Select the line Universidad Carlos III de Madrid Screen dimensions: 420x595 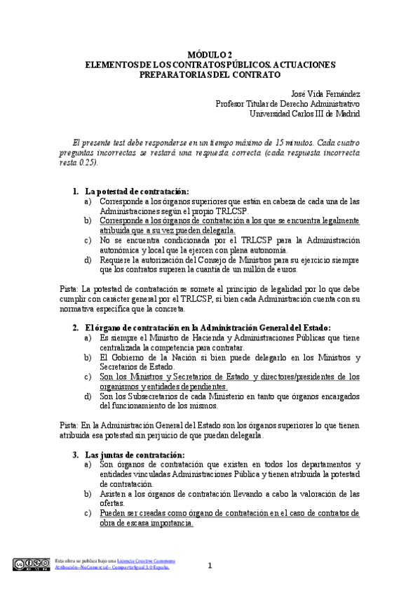click(x=305, y=114)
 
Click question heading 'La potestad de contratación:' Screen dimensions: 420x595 click(x=137, y=192)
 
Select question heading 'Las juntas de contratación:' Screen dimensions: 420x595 click(x=132, y=454)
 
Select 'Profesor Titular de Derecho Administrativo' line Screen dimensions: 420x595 click(x=287, y=104)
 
